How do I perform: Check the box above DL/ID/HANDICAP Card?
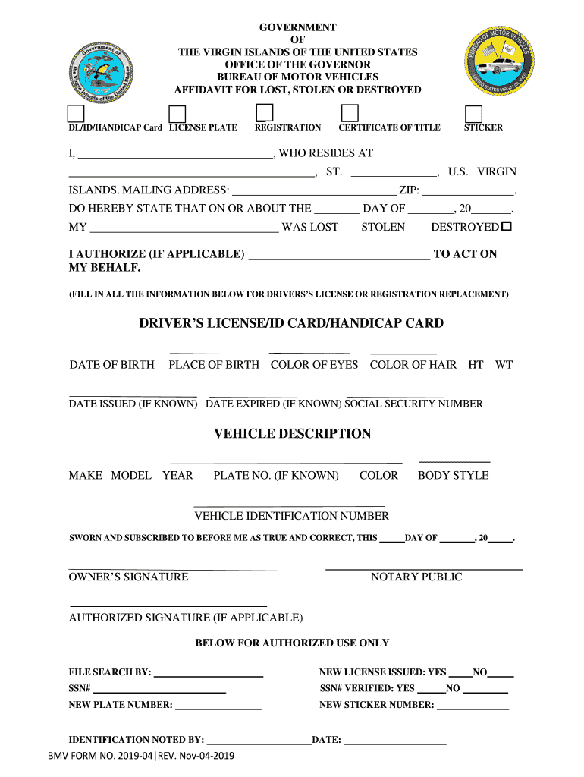pyautogui.click(x=76, y=113)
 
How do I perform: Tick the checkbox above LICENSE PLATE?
pyautogui.click(x=177, y=113)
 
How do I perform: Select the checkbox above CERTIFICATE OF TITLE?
pyautogui.click(x=350, y=113)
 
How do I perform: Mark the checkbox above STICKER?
pyautogui.click(x=474, y=113)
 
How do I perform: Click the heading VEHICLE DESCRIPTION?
pyautogui.click(x=292, y=434)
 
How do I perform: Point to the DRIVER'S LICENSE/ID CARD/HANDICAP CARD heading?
pyautogui.click(x=291, y=323)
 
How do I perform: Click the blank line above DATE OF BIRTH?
pyautogui.click(x=111, y=352)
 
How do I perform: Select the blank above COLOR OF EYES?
pyautogui.click(x=309, y=352)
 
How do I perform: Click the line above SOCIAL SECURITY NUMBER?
pyautogui.click(x=416, y=395)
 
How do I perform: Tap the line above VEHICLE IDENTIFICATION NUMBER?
pyautogui.click(x=290, y=505)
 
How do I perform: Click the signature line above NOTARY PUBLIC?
pyautogui.click(x=423, y=568)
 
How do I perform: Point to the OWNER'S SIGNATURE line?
pyautogui.click(x=183, y=568)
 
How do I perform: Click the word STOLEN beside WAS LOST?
pyautogui.click(x=383, y=227)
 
